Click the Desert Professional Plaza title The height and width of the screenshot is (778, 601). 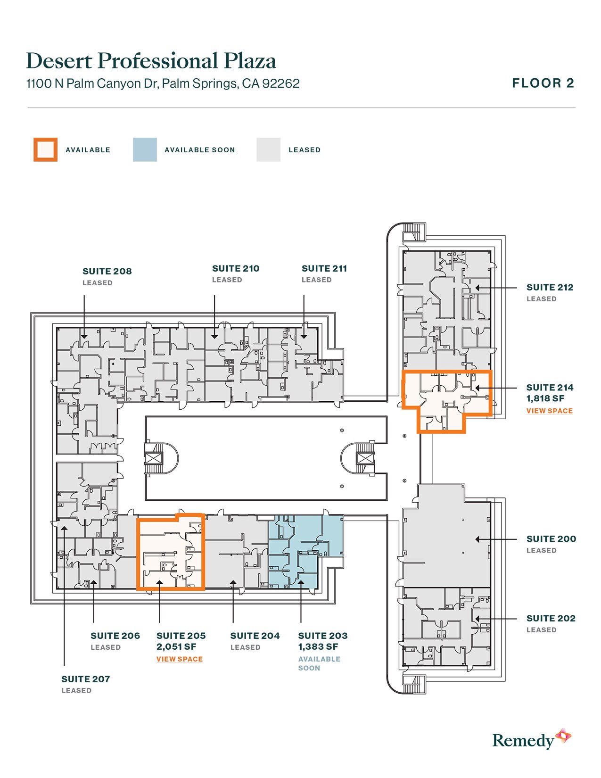151,61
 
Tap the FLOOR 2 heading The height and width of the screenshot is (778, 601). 543,83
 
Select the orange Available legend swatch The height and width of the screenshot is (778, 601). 45,149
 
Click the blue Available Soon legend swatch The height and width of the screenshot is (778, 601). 145,149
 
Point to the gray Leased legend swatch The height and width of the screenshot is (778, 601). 269,149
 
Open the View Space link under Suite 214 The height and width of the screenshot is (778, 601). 550,411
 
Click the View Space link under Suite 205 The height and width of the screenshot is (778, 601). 180,659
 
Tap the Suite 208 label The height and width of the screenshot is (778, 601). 107,272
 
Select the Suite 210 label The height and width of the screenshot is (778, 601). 236,268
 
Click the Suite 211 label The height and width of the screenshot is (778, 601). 324,268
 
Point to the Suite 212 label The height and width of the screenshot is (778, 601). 550,288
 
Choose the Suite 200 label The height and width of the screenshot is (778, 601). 551,539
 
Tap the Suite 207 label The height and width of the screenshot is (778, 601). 85,679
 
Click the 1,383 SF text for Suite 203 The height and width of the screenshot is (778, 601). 318,646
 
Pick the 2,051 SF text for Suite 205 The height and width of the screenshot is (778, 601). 176,646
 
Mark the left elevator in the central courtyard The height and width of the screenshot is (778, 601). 154,459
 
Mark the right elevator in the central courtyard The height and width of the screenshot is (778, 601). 365,459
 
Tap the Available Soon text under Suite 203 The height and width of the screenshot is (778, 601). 319,663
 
